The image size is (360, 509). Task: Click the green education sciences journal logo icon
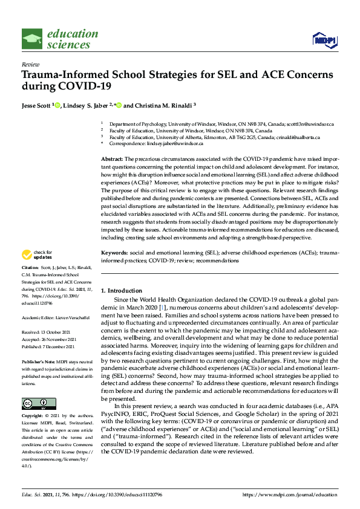[31, 39]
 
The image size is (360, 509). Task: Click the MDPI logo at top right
[324, 40]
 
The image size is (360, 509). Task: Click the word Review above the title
[28, 64]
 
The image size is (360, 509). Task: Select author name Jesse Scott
[36, 105]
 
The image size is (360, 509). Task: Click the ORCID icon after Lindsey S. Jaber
[119, 105]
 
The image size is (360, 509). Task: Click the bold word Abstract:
[113, 157]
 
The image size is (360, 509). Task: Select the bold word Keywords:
[114, 251]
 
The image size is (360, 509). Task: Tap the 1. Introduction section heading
[122, 290]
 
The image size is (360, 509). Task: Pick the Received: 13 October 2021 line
[48, 332]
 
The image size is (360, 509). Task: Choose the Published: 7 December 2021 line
[48, 346]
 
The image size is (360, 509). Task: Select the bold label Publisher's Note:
[38, 360]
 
